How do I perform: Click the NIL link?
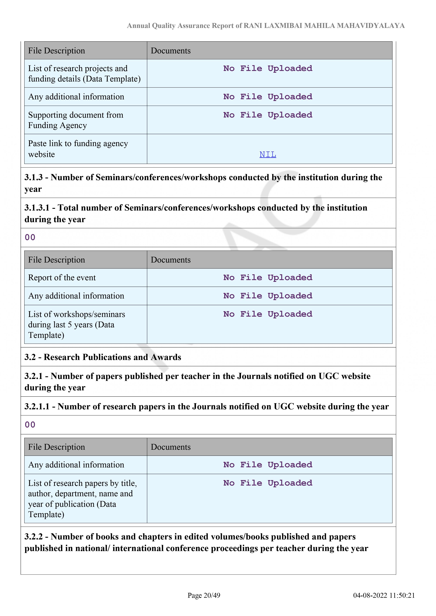(268, 155)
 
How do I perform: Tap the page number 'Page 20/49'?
(204, 595)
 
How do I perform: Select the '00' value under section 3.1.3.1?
(30, 237)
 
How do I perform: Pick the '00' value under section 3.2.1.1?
(30, 425)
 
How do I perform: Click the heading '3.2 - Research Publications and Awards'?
(103, 357)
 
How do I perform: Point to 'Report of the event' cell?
(62, 278)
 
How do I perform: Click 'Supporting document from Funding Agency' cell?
(76, 120)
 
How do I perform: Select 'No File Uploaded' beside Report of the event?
(268, 278)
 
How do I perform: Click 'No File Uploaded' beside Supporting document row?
(268, 115)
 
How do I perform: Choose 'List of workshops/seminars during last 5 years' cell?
(76, 325)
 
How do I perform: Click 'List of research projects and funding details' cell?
(84, 74)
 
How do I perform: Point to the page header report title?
(266, 26)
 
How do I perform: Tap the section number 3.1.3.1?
(37, 208)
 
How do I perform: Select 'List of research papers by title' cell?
(82, 499)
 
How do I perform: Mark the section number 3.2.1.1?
(37, 407)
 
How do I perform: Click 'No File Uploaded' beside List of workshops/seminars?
(268, 314)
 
